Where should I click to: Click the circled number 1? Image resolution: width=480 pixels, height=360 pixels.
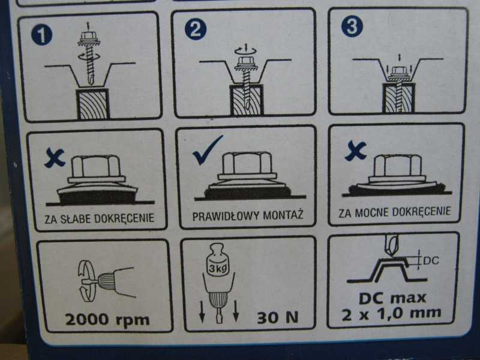point(41,35)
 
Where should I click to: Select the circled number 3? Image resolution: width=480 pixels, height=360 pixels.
point(352,26)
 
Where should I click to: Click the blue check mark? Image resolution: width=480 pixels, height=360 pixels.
point(207,149)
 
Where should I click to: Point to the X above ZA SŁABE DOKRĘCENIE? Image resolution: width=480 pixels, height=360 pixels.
point(55,158)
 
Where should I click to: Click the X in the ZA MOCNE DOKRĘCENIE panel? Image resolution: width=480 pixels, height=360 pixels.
point(355,151)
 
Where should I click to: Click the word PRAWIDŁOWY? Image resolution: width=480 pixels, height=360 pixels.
point(226,216)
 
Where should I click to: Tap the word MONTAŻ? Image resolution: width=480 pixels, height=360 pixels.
point(283,214)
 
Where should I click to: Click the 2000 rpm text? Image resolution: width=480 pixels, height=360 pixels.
point(107,320)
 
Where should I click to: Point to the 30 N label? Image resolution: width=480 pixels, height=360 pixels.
point(278,317)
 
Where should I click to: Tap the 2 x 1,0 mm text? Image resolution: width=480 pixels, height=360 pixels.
point(392,313)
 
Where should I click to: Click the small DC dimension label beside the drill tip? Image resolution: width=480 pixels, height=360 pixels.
point(431,260)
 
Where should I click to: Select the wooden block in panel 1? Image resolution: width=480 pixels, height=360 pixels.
point(93,104)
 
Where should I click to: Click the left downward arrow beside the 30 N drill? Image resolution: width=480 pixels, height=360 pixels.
point(202,311)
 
